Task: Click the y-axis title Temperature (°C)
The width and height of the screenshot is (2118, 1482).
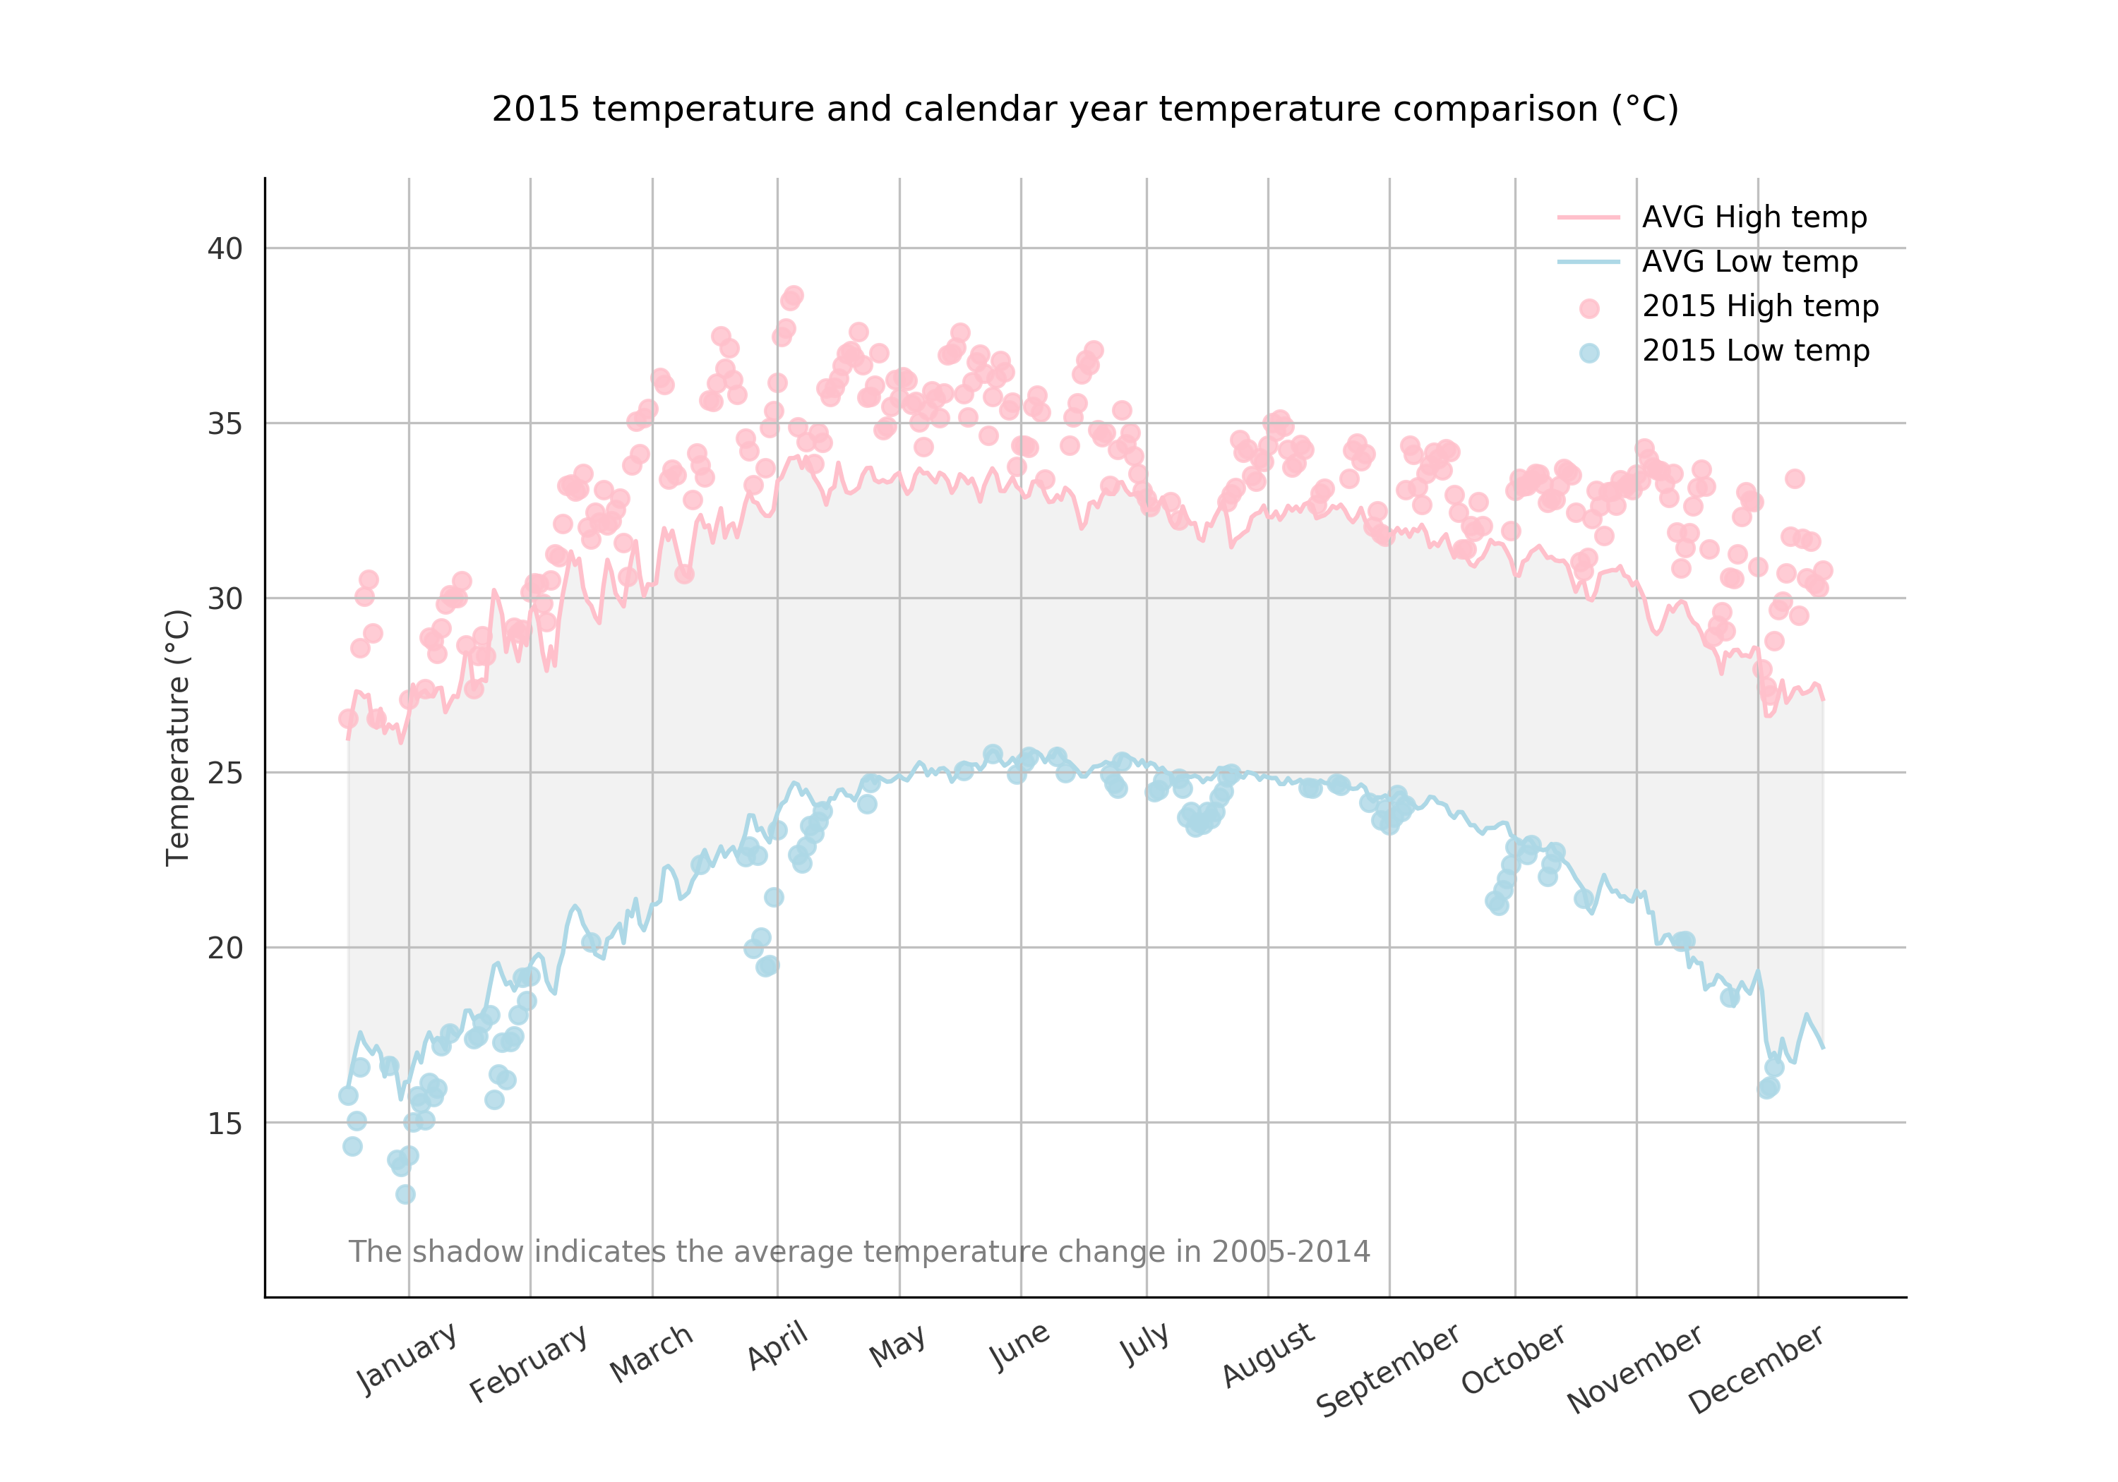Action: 177,737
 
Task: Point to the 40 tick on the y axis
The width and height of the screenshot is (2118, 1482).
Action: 225,249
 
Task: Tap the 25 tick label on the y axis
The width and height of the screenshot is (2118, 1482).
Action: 225,773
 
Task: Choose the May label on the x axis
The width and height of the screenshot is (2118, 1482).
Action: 897,1347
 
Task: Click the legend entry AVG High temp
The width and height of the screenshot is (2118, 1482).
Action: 1754,217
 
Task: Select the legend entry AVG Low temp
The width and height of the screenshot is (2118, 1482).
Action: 1749,262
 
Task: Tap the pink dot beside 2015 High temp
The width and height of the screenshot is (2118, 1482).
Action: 1588,309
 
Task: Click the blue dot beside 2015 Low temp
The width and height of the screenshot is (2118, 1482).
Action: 1588,353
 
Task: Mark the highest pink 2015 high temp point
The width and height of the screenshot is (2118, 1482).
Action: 794,296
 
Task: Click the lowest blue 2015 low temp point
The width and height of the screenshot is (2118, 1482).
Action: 405,1194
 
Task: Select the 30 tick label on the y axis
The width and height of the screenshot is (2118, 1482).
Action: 225,598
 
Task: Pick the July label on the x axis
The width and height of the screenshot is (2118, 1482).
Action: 1145,1344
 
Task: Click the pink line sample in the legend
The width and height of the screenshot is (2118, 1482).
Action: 1588,217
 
